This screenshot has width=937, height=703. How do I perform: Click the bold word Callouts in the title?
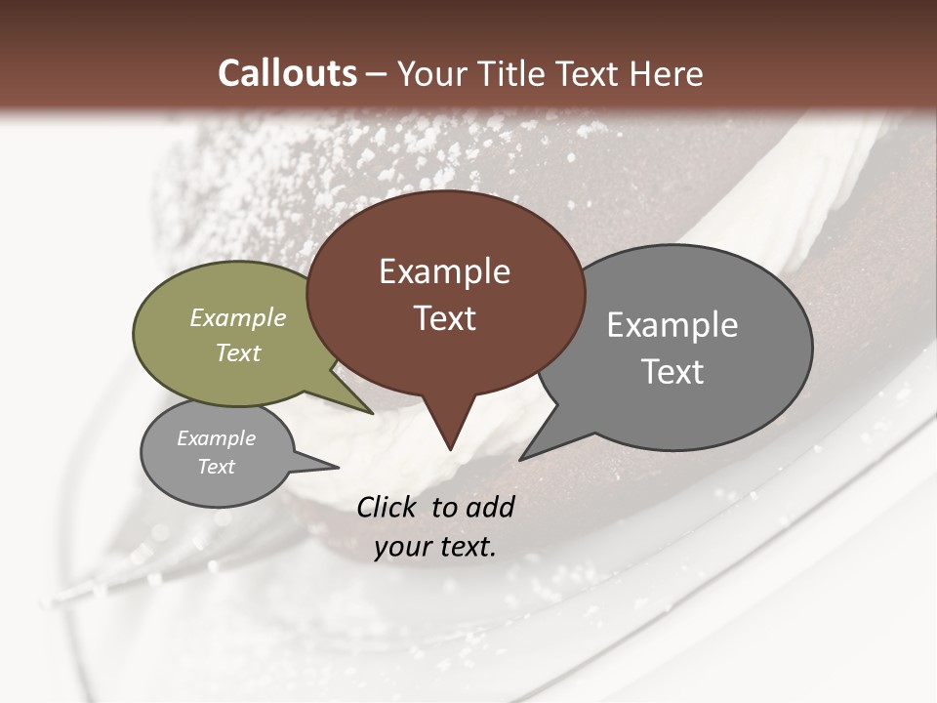(x=287, y=73)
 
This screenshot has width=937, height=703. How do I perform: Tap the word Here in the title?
(x=668, y=73)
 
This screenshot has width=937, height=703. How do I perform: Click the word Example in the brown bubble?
(x=444, y=271)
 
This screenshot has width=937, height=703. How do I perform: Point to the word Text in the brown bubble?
(x=444, y=318)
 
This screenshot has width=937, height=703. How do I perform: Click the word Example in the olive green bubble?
(x=238, y=318)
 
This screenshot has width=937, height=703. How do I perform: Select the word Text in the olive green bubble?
(x=238, y=352)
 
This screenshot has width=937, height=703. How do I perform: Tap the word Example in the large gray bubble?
(x=672, y=325)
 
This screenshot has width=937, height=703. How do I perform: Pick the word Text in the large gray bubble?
(x=672, y=372)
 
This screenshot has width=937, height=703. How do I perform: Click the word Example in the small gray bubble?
(x=217, y=438)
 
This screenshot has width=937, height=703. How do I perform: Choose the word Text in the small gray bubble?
(x=217, y=467)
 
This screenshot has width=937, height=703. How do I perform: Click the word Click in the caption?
(x=388, y=507)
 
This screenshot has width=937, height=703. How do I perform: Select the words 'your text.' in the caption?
(x=435, y=548)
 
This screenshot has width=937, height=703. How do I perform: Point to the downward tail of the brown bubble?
(x=450, y=434)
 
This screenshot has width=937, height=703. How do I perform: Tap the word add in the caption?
(x=490, y=507)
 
